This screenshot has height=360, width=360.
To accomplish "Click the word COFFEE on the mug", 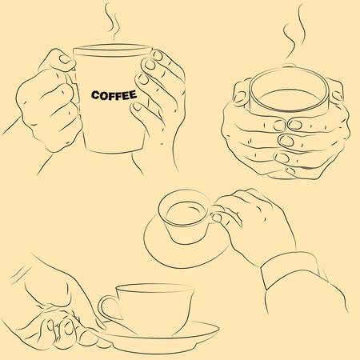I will (113, 94).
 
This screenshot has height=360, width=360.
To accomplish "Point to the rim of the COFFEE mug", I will (112, 50).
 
